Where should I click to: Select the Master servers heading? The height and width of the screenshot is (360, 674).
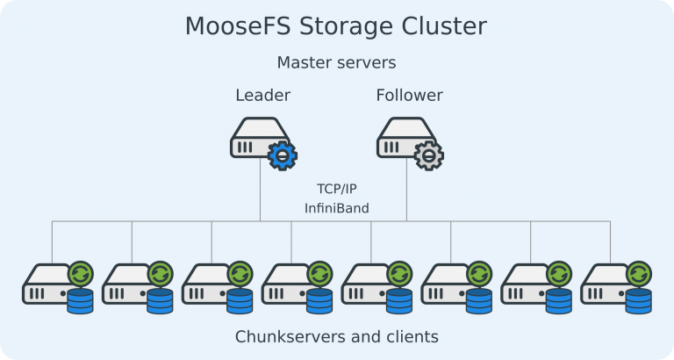point(337,63)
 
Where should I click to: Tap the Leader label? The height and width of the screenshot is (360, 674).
point(262,95)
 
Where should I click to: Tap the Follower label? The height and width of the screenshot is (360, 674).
point(409,95)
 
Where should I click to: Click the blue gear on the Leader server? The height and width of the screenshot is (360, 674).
point(282,155)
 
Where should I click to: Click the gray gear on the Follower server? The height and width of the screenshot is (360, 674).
point(428,155)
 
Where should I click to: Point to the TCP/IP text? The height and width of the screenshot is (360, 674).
point(337,189)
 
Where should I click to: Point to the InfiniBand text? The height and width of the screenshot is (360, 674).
point(337,208)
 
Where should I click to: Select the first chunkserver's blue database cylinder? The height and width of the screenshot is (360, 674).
point(81,301)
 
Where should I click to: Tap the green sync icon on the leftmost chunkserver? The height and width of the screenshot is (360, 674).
point(81,273)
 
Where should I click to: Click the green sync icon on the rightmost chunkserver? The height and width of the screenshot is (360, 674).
point(639,273)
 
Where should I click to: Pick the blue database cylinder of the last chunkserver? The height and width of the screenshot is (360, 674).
point(639,301)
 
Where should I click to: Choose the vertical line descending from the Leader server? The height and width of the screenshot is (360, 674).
point(261,193)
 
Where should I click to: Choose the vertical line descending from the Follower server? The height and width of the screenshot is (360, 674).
point(407,193)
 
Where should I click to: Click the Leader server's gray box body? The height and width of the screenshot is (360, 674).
point(252,140)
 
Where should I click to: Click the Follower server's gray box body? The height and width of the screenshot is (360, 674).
point(398,140)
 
